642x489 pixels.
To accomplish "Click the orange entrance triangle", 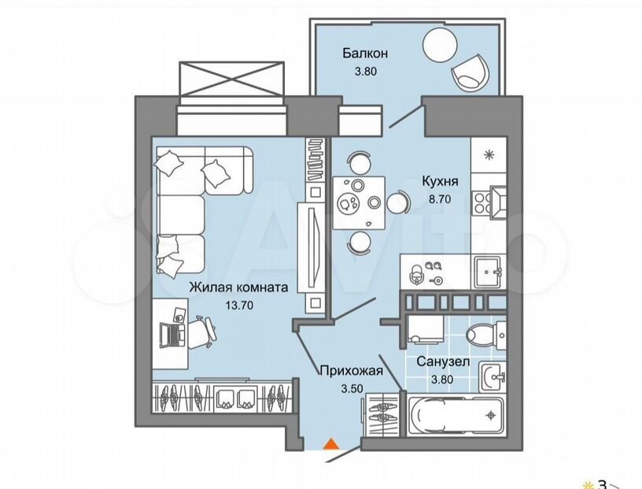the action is (330, 445).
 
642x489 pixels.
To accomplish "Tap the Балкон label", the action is (365, 54).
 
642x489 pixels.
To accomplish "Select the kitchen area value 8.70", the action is (439, 200).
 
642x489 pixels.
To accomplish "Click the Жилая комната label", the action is (238, 287).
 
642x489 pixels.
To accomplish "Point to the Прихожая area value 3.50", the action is (352, 388).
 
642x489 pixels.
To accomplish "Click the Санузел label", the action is (444, 361).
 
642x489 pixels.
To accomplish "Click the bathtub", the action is (456, 415).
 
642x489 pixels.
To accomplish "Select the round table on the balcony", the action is (440, 44).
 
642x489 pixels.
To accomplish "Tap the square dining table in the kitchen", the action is (359, 202).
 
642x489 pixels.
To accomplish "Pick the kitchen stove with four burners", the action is (479, 203).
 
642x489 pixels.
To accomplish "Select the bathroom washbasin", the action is (493, 376).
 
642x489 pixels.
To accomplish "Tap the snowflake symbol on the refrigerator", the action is (489, 155).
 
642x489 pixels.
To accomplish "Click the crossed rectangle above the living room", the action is (232, 80).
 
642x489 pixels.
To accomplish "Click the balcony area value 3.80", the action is (366, 72).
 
